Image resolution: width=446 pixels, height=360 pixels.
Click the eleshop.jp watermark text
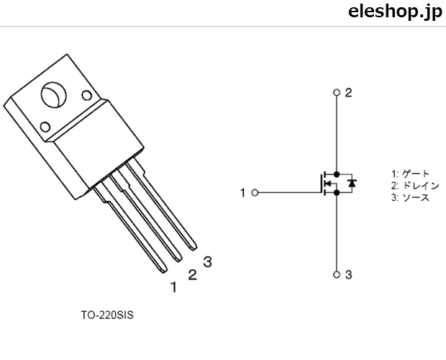point(396,12)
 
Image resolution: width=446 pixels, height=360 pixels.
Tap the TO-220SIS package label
point(107,315)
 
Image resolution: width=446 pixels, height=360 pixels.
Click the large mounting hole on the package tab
point(54,95)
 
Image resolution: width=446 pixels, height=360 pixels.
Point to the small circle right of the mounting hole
point(87,96)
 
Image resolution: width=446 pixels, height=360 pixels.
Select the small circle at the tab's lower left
point(45,127)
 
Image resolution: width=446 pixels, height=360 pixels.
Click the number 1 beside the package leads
point(174,287)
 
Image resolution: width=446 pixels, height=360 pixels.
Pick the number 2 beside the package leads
point(193,274)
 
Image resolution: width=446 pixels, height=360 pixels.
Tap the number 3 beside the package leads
point(208,262)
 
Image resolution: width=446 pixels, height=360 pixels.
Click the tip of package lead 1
point(164,271)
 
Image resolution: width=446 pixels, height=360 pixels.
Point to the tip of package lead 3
point(194,248)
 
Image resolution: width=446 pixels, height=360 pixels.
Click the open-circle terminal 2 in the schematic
point(337,92)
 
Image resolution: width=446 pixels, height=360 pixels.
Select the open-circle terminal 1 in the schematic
point(255,193)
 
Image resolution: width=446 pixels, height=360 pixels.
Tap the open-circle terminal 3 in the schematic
point(337,274)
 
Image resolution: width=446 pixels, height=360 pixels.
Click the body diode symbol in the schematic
point(352,183)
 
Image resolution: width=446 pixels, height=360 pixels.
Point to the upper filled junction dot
point(337,174)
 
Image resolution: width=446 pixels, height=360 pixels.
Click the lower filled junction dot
point(337,193)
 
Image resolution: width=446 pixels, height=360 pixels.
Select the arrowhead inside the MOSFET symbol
point(328,184)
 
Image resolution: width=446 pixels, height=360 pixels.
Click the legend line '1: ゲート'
point(410,174)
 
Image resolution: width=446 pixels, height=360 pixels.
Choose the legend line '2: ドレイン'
point(415,186)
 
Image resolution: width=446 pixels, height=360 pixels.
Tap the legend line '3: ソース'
point(410,197)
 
